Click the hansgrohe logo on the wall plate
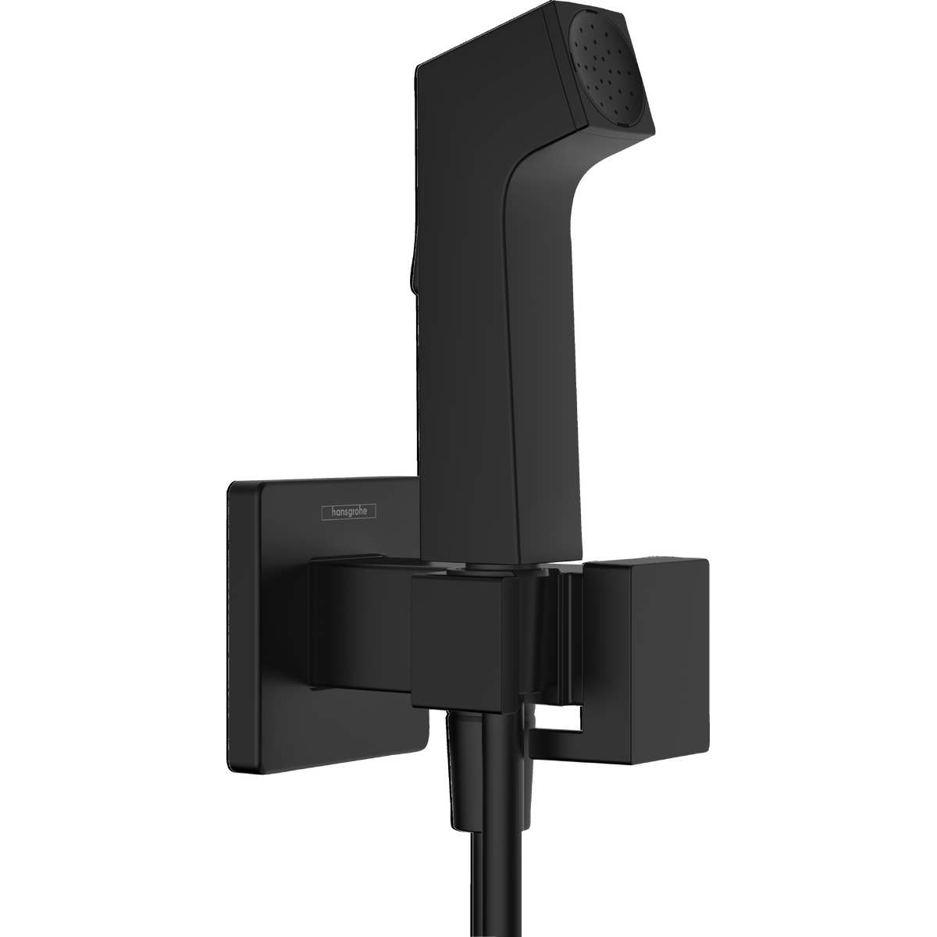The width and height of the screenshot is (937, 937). (x=349, y=512)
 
